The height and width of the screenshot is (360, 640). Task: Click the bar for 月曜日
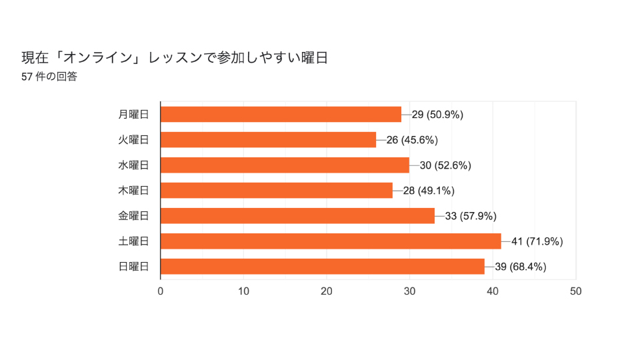pyautogui.click(x=281, y=114)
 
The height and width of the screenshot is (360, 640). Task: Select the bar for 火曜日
pyautogui.click(x=268, y=139)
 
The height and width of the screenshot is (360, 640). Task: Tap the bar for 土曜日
pyautogui.click(x=331, y=241)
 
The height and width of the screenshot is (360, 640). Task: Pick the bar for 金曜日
pyautogui.click(x=297, y=215)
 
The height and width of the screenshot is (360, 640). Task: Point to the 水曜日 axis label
pyautogui.click(x=133, y=165)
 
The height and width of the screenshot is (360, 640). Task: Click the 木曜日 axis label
pyautogui.click(x=133, y=190)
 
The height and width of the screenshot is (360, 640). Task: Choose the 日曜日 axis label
pyautogui.click(x=133, y=266)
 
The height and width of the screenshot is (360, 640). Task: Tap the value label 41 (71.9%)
pyautogui.click(x=537, y=241)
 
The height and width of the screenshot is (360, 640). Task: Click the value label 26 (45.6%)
pyautogui.click(x=412, y=140)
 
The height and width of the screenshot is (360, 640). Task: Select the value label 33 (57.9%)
pyautogui.click(x=471, y=216)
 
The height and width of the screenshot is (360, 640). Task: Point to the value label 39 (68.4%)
pyautogui.click(x=521, y=267)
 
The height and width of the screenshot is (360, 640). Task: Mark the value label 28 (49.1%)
pyautogui.click(x=429, y=191)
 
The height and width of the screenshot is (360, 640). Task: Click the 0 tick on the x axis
pyautogui.click(x=161, y=291)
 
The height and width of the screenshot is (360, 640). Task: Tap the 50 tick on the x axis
pyautogui.click(x=576, y=291)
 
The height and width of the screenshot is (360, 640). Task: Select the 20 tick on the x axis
pyautogui.click(x=327, y=291)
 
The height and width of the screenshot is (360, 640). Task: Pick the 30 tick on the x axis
pyautogui.click(x=409, y=291)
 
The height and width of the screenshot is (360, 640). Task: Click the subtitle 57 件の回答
pyautogui.click(x=49, y=77)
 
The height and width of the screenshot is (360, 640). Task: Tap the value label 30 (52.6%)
pyautogui.click(x=445, y=165)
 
